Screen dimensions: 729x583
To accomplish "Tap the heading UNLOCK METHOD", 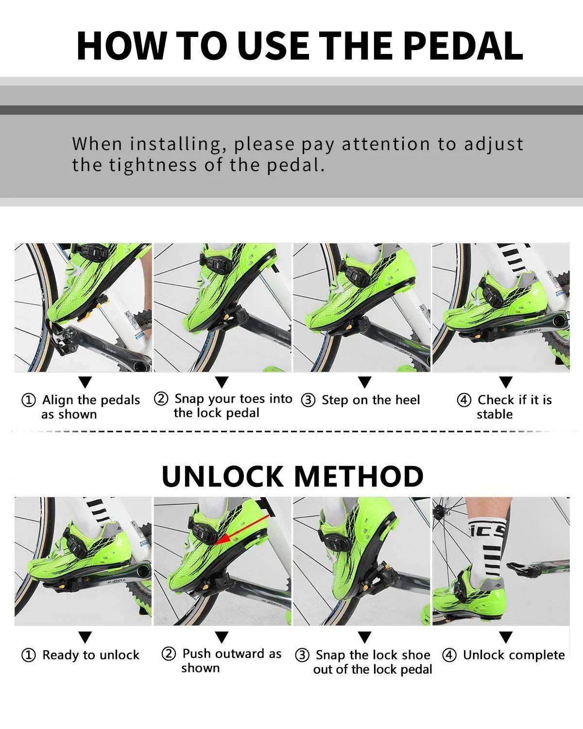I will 292,476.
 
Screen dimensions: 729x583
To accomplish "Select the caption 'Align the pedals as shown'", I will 90,407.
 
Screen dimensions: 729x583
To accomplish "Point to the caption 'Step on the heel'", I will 371,400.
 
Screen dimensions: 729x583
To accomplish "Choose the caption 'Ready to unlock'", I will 91,655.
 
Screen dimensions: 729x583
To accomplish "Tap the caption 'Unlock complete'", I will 514,655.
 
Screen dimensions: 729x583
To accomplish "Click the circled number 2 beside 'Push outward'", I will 168,654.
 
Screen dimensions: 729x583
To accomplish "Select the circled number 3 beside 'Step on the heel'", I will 308,400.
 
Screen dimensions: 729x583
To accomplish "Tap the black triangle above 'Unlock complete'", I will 506,637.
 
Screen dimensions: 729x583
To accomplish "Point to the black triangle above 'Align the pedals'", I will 85,382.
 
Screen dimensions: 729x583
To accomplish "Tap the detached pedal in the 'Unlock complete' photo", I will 530,567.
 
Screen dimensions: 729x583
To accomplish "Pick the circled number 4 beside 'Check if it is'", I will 464,400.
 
